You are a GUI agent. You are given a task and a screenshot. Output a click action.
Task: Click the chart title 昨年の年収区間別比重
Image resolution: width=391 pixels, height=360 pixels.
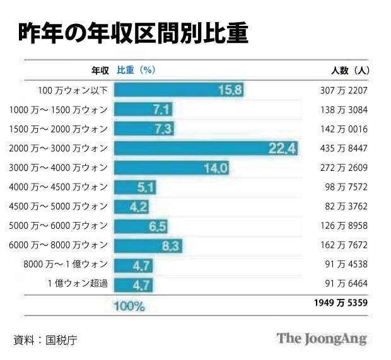(x=133, y=33)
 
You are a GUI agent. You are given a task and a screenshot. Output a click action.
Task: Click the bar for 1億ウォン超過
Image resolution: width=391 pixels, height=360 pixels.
(x=133, y=283)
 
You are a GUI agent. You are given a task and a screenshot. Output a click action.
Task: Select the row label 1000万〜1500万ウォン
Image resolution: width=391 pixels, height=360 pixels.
(x=59, y=110)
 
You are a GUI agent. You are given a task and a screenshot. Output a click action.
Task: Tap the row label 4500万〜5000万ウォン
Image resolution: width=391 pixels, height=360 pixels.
(x=59, y=206)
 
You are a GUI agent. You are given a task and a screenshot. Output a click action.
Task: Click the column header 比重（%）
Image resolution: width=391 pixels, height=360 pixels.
(x=136, y=70)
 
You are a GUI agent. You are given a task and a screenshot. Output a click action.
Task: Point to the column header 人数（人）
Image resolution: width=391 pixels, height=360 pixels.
(x=350, y=70)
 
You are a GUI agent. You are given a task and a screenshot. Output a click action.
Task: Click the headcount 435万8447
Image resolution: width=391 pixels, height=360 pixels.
(x=344, y=148)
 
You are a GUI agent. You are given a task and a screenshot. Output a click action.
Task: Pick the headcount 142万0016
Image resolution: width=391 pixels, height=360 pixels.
(x=344, y=129)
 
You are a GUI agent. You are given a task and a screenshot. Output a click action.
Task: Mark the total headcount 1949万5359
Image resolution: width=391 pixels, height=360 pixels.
(x=341, y=303)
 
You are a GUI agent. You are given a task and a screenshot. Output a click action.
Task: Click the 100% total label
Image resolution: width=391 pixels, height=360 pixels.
(x=129, y=306)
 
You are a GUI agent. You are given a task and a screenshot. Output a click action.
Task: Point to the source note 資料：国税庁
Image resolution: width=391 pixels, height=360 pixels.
(x=45, y=340)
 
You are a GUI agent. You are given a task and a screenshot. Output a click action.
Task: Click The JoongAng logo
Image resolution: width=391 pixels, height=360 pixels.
(x=321, y=339)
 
